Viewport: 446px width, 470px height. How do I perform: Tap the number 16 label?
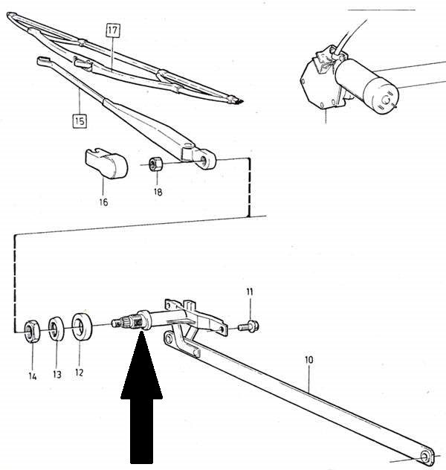point(103,202)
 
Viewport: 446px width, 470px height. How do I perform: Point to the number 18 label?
point(158,191)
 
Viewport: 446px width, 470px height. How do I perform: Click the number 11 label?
point(250,292)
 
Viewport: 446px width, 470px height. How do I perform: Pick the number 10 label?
point(308,360)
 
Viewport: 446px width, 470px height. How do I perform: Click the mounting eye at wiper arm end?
point(206,158)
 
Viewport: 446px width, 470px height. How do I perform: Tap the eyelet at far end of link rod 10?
point(426,457)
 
